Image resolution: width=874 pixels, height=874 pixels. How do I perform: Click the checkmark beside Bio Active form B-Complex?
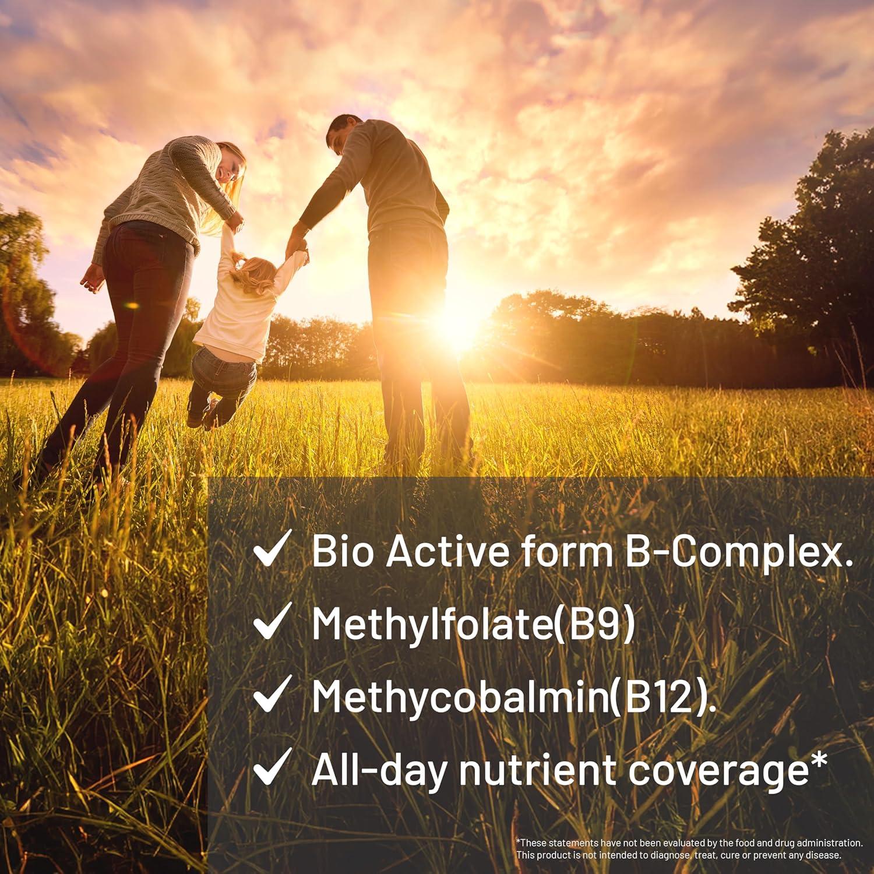269,550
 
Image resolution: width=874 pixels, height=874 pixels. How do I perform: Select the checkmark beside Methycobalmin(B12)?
269,696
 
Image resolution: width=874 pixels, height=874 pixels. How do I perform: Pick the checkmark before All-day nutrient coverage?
269,769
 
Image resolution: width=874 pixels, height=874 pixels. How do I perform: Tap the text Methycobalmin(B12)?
513,696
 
